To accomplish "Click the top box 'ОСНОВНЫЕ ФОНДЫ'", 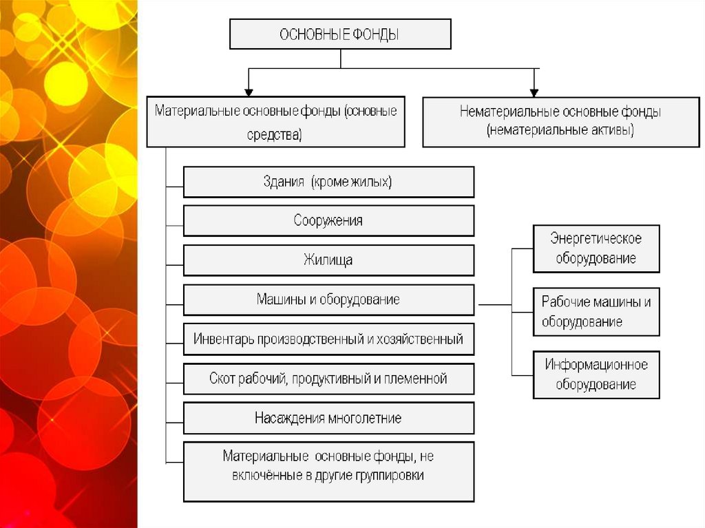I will click(340, 34).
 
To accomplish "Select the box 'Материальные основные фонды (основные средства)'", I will click(275, 122).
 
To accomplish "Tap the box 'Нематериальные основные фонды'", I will click(560, 121).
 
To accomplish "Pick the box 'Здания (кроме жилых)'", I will click(328, 182).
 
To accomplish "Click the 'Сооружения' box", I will click(328, 221).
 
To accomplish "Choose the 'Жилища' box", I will click(328, 260).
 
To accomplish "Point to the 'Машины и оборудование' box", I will click(328, 299).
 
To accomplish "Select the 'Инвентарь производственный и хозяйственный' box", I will click(328, 339).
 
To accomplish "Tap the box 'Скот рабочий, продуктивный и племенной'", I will click(328, 379).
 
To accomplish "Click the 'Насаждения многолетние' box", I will click(328, 418).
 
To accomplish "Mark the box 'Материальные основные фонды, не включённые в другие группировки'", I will click(328, 472).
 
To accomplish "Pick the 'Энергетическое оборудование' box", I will click(596, 249).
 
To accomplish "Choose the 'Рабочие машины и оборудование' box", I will click(596, 312).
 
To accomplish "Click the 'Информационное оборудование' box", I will click(596, 374).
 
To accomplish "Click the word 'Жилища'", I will click(328, 260).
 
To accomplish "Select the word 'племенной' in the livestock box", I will click(421, 379).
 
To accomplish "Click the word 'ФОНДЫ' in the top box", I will click(377, 34).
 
